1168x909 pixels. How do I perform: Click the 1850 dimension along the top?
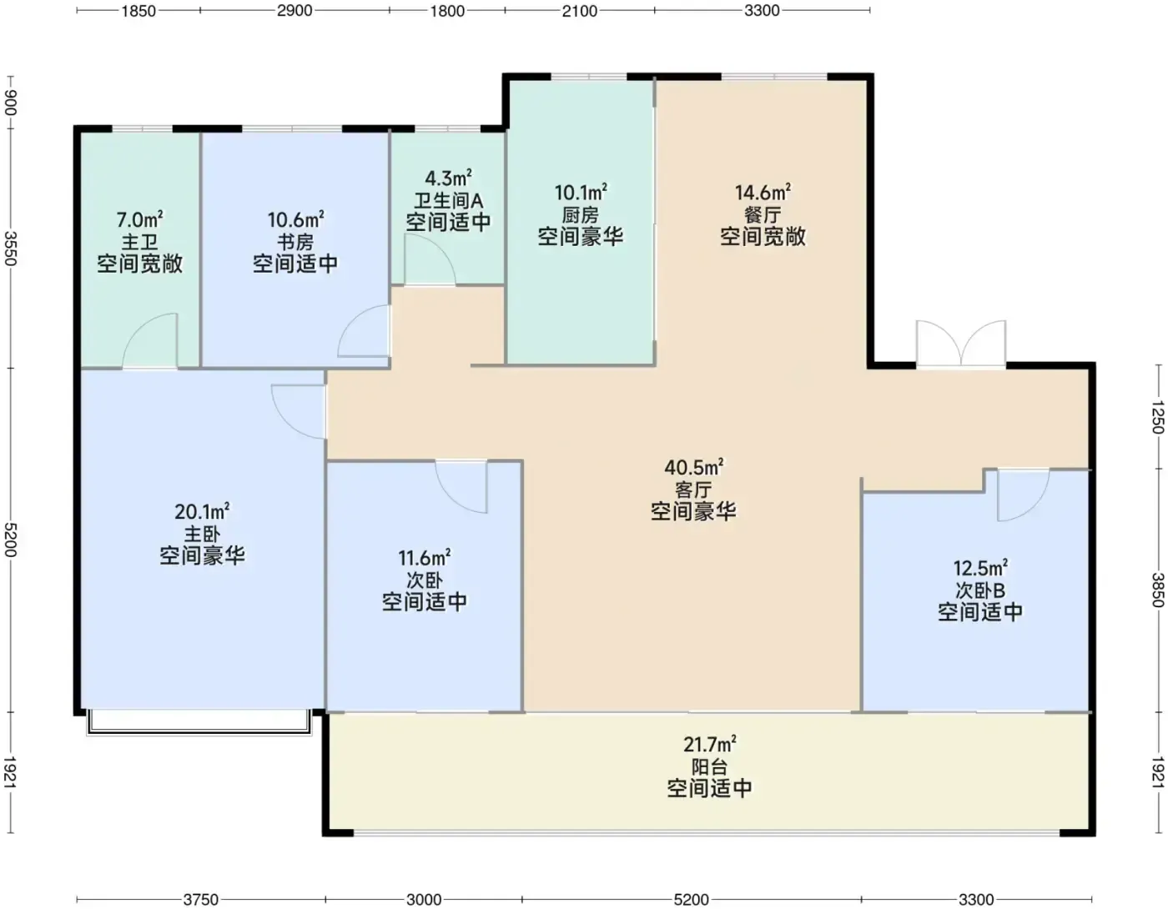coord(138,11)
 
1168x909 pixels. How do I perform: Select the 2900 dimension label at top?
coord(295,11)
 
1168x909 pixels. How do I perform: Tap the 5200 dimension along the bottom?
coord(692,899)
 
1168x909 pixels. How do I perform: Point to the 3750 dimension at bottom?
coord(201,899)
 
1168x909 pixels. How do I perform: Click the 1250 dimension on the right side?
coord(1157,417)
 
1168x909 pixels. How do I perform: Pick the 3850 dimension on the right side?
coord(1157,590)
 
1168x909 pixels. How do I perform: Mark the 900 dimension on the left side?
coord(11,102)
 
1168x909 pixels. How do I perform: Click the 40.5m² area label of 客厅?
coord(694,467)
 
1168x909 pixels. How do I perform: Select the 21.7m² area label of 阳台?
coord(709,744)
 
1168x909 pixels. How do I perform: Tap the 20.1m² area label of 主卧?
coord(202,511)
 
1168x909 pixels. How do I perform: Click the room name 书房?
coord(295,242)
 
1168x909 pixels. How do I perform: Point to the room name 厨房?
coord(581,215)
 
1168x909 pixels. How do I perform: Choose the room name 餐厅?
coord(763,215)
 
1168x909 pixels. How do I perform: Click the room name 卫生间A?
coord(448,200)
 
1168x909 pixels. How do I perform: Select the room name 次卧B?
coord(980,590)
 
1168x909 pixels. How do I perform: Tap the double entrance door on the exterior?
coord(961,344)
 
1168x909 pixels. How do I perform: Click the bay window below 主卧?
coord(199,722)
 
